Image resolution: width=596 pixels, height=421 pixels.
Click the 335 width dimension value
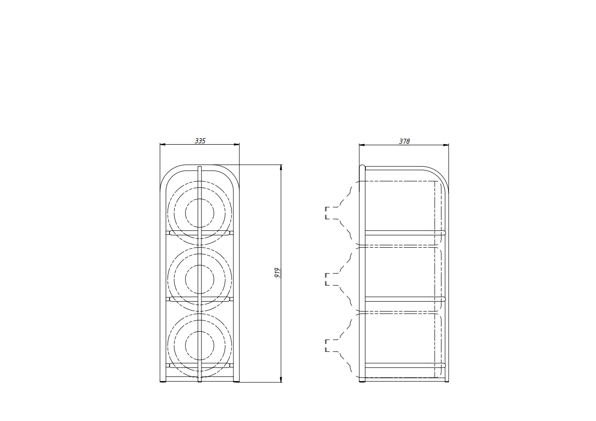[200, 141]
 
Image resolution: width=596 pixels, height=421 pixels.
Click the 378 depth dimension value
[404, 141]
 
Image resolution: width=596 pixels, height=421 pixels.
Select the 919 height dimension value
[277, 273]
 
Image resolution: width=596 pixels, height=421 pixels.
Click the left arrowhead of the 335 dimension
[163, 145]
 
